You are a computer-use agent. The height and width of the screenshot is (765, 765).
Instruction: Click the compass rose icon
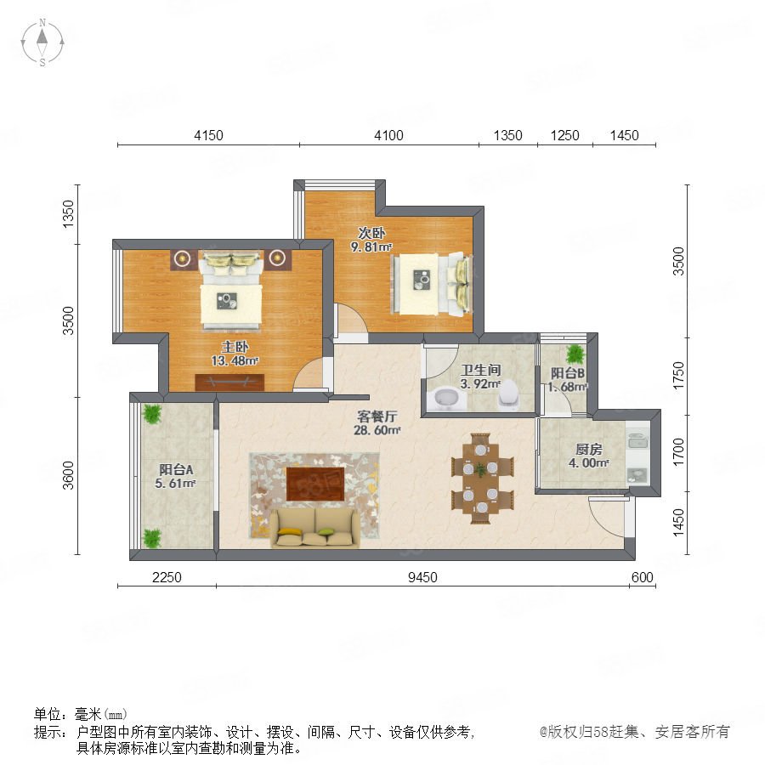point(42,42)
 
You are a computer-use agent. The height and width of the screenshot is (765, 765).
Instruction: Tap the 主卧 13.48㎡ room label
point(235,354)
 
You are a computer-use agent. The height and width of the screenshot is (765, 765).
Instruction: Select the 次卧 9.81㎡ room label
point(371,240)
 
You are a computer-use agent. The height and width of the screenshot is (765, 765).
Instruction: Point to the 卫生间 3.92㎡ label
point(480,377)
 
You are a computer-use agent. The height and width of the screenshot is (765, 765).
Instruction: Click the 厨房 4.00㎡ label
point(589,456)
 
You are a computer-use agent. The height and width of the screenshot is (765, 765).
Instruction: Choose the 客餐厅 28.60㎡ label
point(377,423)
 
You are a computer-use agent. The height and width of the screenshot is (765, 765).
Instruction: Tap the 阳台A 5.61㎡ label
point(176,476)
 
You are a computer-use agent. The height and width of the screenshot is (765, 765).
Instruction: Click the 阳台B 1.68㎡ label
point(568,380)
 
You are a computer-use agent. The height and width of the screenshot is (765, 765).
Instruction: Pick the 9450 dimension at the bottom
point(422,577)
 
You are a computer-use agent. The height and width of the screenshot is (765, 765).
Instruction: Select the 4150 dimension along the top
point(208,135)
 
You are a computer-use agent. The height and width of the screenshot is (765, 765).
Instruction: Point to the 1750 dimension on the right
point(678,376)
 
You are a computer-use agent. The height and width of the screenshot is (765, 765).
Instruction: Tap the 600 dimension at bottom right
point(642,577)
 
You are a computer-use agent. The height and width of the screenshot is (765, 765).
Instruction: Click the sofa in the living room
point(315,528)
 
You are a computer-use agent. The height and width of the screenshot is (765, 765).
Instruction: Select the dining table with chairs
point(482,478)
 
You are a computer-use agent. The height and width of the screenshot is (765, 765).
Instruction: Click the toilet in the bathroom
point(508,394)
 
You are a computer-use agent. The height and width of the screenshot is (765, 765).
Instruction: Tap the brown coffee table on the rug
point(315,484)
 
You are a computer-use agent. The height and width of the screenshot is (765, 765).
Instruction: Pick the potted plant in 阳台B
point(575,354)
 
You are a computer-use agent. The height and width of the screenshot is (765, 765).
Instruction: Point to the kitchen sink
point(637,441)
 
